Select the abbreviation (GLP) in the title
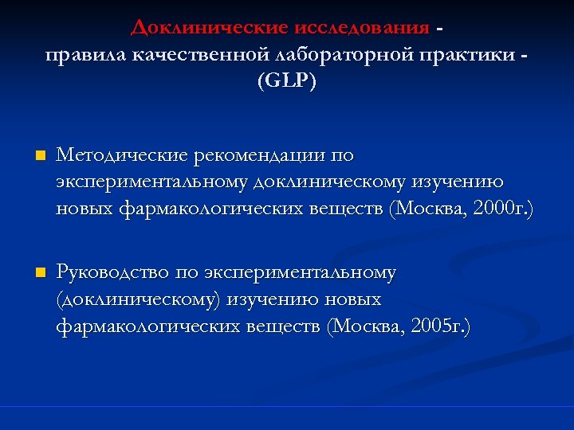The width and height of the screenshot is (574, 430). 286,81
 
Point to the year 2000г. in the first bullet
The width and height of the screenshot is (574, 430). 502,209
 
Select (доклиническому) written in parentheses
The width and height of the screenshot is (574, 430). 140,299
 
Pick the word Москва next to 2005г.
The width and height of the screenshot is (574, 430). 372,326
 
